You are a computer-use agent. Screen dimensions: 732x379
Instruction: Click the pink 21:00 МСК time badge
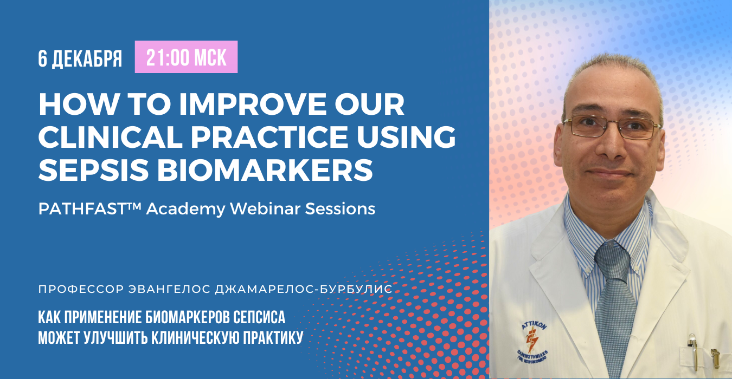point(186,57)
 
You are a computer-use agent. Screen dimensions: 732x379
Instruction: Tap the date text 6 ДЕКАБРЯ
point(80,59)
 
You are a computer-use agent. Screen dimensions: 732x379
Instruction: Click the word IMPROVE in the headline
point(253,104)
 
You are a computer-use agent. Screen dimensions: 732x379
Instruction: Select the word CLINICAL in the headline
point(110,136)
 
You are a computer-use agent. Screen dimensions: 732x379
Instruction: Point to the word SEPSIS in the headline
point(94,170)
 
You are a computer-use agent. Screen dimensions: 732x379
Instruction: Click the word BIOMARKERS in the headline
point(265,170)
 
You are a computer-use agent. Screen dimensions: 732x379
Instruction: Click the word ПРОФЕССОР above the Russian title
point(81,289)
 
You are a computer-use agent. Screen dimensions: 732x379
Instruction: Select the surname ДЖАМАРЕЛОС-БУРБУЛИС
point(304,289)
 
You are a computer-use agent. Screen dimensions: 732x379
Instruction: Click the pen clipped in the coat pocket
point(692,352)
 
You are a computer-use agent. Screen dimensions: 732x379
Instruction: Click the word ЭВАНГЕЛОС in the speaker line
point(169,289)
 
